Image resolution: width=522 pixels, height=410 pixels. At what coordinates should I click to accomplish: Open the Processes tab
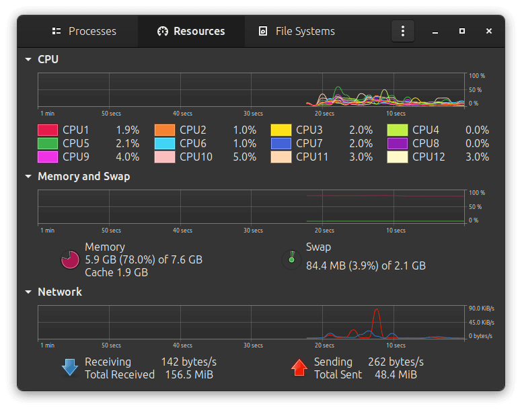[84, 32]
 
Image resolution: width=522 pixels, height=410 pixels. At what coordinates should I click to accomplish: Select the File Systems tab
[297, 32]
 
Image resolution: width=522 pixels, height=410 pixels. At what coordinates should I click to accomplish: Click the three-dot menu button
[403, 31]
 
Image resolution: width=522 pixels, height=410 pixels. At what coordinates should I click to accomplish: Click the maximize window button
[461, 31]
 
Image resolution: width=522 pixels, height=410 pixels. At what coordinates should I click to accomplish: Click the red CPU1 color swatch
[48, 130]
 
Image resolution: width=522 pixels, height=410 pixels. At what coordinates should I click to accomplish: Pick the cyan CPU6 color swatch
[165, 143]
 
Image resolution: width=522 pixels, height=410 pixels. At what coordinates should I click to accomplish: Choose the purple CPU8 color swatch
[398, 143]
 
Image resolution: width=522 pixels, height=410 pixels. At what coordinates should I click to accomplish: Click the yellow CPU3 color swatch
[281, 130]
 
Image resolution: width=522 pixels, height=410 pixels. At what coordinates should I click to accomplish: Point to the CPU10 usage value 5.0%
[245, 157]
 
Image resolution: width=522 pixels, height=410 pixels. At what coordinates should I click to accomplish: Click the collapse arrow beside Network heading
[28, 292]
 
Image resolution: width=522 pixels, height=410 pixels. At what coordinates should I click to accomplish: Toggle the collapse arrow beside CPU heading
[28, 60]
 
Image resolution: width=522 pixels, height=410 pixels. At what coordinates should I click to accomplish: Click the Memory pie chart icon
[70, 259]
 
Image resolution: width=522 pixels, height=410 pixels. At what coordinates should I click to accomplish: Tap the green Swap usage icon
[292, 259]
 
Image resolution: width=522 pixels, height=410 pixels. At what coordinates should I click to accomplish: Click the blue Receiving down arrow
[70, 368]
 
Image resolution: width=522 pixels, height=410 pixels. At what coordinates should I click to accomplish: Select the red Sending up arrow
[299, 368]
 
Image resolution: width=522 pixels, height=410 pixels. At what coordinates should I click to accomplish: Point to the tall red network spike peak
[377, 309]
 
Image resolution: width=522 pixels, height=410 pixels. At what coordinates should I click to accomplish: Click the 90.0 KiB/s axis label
[482, 309]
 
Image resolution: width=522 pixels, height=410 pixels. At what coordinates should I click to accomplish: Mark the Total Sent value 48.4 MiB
[396, 375]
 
